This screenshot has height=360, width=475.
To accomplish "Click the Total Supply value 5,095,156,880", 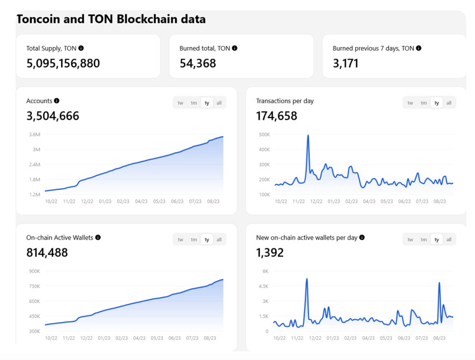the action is click(63, 63).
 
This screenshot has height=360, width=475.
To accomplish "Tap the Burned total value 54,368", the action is click(198, 63).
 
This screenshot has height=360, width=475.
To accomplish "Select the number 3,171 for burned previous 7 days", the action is click(346, 63).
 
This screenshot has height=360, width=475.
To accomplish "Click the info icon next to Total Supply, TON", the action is click(81, 48).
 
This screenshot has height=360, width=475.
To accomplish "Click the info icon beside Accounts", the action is click(56, 101).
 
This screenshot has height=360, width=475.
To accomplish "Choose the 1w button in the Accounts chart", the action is click(180, 103).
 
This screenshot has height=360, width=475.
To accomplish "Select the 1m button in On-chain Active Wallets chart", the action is click(194, 240).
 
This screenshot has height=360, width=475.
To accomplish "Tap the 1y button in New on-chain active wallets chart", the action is click(436, 240).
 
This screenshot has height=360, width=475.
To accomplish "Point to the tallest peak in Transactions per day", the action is click(308, 135).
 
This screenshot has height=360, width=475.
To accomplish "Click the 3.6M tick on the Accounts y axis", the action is click(34, 134).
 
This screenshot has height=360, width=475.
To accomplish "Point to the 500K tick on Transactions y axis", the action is click(264, 134).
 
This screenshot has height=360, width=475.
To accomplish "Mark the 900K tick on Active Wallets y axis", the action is click(34, 271).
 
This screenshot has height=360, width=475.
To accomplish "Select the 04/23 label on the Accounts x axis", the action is click(141, 201).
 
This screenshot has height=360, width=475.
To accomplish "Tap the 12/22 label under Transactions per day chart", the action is click(316, 201).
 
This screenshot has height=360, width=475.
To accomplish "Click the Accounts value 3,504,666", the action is click(53, 116).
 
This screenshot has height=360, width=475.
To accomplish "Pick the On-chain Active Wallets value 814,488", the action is click(47, 253).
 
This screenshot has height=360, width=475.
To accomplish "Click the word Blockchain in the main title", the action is click(147, 19).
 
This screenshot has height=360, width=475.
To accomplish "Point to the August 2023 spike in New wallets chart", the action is click(439, 283).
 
